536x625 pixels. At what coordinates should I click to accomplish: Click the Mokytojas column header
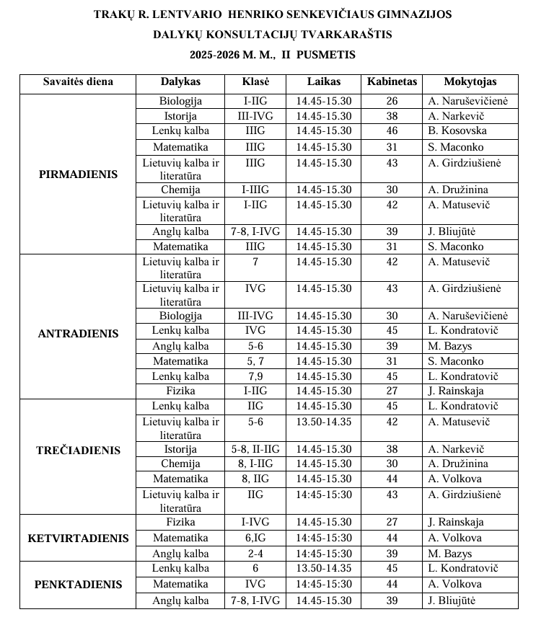(470, 81)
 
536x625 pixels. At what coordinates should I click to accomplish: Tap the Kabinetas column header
(392, 81)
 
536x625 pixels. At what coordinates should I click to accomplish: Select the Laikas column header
(323, 81)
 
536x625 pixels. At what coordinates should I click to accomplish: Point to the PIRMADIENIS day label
(78, 174)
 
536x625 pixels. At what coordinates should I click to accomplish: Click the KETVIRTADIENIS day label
(78, 538)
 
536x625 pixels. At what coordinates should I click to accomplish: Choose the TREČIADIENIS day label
(78, 451)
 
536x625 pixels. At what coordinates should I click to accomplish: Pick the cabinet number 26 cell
(392, 101)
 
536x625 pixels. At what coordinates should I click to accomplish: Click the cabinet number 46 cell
(392, 130)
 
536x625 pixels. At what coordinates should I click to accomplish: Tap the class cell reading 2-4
(255, 554)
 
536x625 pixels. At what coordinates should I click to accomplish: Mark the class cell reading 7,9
(255, 376)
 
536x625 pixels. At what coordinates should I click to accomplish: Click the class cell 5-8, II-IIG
(255, 449)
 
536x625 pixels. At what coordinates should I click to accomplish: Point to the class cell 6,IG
(255, 538)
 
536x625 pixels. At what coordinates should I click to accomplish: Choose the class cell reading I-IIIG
(255, 190)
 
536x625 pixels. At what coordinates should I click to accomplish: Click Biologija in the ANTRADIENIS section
(181, 316)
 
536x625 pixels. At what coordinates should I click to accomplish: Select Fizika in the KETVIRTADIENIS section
(181, 522)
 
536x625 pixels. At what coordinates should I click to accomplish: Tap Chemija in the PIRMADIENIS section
(181, 190)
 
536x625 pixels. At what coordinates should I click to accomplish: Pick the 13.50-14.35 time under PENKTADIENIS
(323, 568)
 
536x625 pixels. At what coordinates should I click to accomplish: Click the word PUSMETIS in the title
(324, 54)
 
